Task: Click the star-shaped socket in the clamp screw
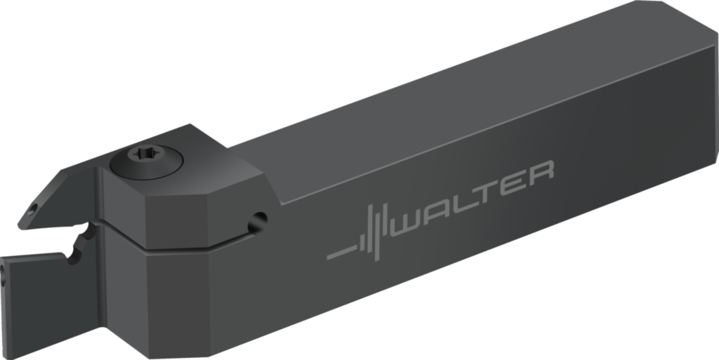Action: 147,154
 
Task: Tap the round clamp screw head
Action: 146,160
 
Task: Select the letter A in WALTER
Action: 436,211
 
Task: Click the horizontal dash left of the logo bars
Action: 342,252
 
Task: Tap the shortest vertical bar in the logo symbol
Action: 363,243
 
